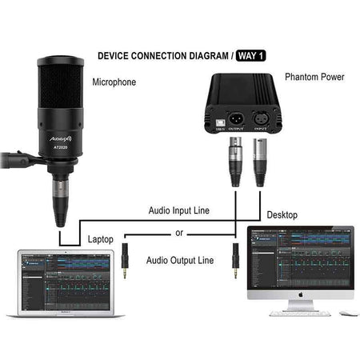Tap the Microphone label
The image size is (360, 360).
(x=114, y=82)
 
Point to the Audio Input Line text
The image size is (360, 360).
(x=179, y=210)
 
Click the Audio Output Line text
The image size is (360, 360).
(x=180, y=260)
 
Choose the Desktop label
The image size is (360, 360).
(x=282, y=215)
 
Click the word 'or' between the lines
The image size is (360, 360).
(x=179, y=234)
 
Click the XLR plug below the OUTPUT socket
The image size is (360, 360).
(x=236, y=160)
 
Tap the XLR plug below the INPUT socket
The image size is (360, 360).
(x=258, y=160)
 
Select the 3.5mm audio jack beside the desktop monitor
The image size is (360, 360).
(x=235, y=259)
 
